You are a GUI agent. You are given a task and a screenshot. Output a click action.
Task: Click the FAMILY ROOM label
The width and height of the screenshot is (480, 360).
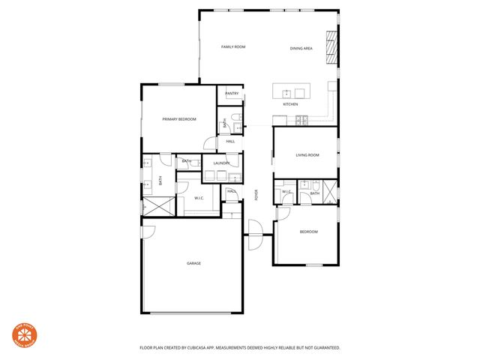coord(233,47)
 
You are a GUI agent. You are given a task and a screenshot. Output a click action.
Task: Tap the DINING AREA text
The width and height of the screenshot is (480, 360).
coord(301,49)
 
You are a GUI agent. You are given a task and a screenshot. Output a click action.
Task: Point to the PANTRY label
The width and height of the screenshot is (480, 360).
coord(232,94)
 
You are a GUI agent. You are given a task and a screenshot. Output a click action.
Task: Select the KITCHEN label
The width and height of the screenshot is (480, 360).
coord(290,104)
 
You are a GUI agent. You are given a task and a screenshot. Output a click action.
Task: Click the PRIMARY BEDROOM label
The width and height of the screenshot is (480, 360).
coord(179,120)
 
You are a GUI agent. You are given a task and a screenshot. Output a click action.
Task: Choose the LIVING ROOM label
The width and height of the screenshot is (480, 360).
coord(307,155)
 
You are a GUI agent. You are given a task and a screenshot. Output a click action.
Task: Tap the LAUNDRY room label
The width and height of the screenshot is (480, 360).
coord(220,163)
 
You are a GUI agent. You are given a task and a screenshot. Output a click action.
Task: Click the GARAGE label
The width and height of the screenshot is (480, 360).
coord(194,263)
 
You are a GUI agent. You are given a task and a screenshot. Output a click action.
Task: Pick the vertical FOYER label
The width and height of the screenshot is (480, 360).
coord(256,195)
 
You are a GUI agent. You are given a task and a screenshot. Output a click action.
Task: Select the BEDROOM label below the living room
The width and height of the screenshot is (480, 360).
coord(309,232)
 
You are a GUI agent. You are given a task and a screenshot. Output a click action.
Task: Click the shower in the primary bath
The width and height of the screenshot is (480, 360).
coord(157,206)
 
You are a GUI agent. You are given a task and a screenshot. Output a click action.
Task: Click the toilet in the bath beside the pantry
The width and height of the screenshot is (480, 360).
coord(234,117)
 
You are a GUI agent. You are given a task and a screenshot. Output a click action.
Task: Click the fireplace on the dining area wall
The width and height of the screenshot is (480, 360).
coord(331,48)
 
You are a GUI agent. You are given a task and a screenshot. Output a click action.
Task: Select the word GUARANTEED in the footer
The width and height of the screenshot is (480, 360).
coord(324,348)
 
